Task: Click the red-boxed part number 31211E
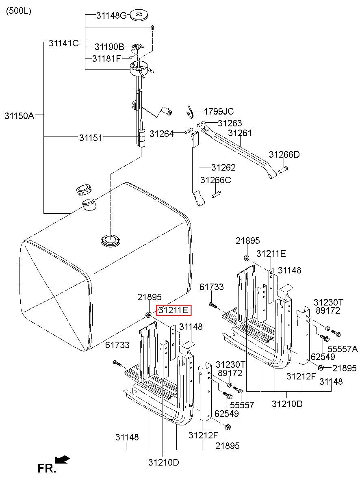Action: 173,311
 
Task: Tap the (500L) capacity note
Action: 18,11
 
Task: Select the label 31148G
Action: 111,16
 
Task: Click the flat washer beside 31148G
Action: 139,16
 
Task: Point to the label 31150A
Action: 19,115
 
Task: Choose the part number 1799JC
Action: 219,111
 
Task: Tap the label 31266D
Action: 284,154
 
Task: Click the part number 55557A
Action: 343,349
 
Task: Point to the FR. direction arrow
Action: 62,459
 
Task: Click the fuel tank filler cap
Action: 84,189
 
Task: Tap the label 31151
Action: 91,138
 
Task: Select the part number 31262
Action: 223,167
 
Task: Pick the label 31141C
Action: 64,43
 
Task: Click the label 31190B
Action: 109,47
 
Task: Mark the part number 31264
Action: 161,133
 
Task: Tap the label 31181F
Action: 106,58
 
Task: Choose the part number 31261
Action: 240,133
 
